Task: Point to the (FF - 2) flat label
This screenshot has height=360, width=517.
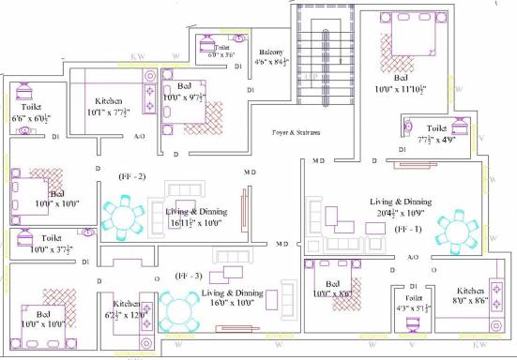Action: click(132, 176)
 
